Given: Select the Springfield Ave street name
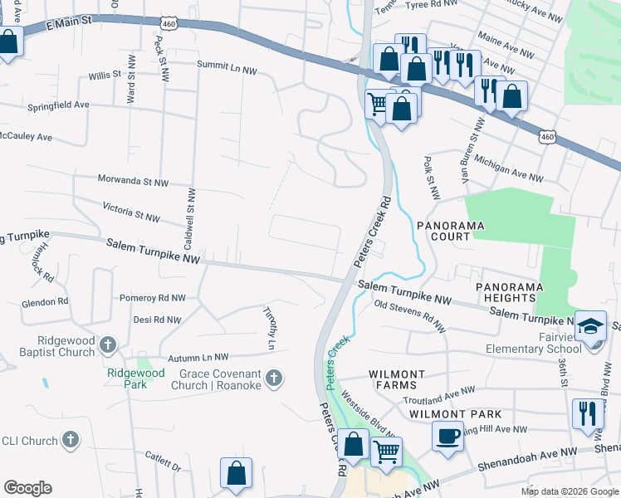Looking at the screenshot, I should pos(57,105).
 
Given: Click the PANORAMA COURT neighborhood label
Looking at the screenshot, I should pos(450,231).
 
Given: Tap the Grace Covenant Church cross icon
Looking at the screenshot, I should pos(275,379).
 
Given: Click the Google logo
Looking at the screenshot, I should pos(27,488).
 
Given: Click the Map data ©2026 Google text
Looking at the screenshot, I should pos(568,491).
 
